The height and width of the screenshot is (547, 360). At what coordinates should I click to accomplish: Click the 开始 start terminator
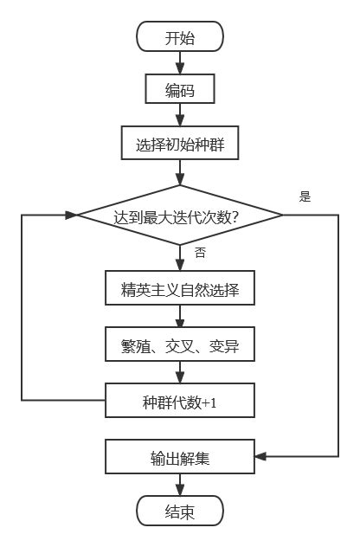[180, 37]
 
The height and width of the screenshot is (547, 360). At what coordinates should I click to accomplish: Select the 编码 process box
[180, 90]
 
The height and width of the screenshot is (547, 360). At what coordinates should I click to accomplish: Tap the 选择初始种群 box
[180, 144]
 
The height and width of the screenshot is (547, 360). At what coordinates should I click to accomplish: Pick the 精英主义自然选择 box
[180, 290]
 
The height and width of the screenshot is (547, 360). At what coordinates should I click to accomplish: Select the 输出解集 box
[180, 456]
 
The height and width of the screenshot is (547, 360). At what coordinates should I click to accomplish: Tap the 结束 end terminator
[180, 511]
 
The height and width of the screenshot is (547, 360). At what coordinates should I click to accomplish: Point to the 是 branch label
[305, 196]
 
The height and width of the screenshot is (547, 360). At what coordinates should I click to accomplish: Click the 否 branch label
[200, 253]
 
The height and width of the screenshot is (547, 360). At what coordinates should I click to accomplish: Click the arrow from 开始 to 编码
[180, 63]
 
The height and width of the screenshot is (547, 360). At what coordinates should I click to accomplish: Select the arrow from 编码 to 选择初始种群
[180, 117]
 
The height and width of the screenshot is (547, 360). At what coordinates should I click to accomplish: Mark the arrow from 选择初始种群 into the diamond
[180, 172]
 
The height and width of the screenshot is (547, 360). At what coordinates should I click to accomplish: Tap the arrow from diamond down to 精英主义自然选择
[180, 259]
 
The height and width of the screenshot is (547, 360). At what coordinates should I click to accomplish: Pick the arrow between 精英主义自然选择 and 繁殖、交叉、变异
[180, 318]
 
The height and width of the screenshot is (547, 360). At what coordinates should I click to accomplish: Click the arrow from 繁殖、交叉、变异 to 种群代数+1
[180, 374]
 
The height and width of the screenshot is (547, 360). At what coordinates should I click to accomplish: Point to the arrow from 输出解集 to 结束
[180, 484]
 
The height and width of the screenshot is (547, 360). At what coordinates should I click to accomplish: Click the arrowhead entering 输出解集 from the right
[260, 455]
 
